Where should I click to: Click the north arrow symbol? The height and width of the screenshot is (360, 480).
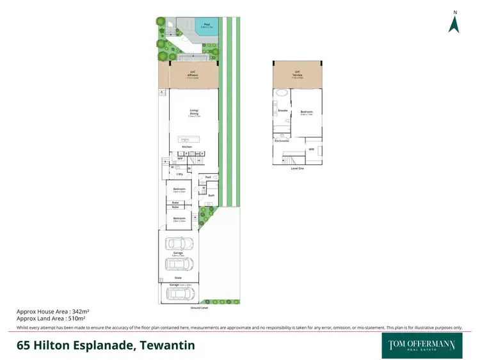454,24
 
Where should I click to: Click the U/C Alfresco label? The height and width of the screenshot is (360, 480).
193,74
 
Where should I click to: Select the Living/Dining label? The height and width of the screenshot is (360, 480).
194,114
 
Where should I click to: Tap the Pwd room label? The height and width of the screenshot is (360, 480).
208,177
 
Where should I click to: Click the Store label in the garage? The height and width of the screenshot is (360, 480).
178,278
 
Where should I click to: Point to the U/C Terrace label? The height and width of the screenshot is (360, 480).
298,74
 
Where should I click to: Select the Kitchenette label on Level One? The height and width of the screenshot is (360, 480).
281,140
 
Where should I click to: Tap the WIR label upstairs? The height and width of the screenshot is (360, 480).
311,149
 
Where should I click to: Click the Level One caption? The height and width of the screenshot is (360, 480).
297,169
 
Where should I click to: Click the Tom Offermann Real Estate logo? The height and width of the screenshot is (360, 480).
421,345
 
